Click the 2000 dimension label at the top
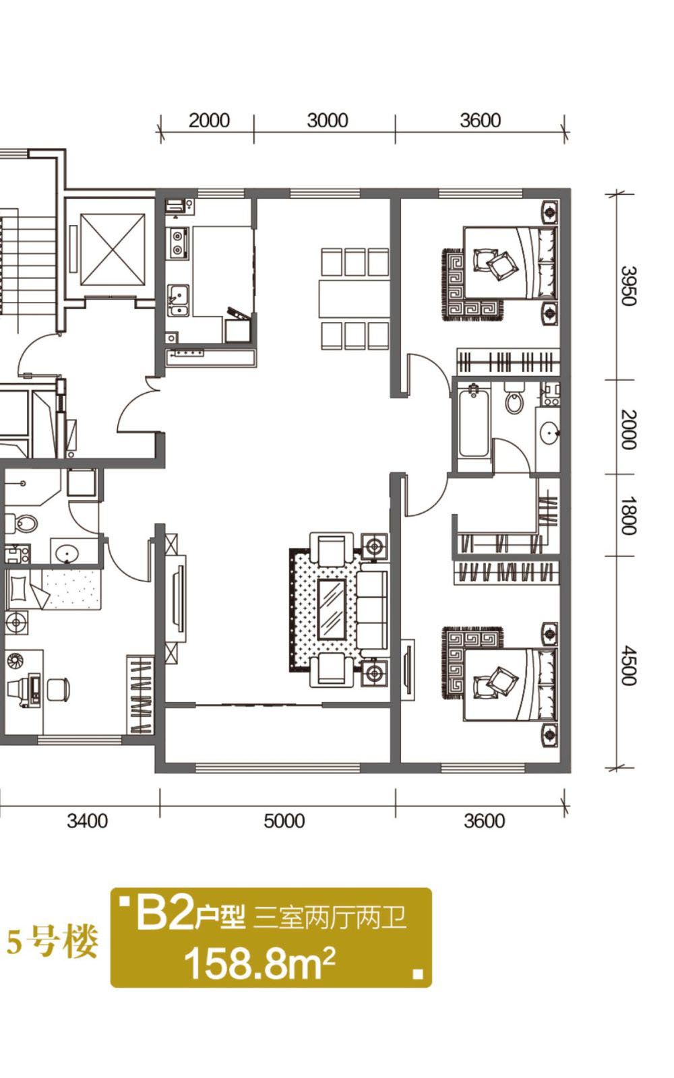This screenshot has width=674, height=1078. tap(209, 121)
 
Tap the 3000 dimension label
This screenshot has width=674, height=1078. tap(328, 121)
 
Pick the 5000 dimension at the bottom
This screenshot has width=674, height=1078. tap(284, 821)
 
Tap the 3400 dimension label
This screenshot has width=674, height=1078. tap(87, 821)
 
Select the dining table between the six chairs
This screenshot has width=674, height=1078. tap(354, 298)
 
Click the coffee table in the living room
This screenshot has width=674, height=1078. tap(332, 609)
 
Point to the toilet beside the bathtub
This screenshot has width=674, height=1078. tap(515, 398)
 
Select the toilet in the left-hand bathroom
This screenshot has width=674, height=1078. tap(21, 523)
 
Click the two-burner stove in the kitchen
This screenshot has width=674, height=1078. tap(178, 243)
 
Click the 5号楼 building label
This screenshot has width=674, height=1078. tap(52, 942)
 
